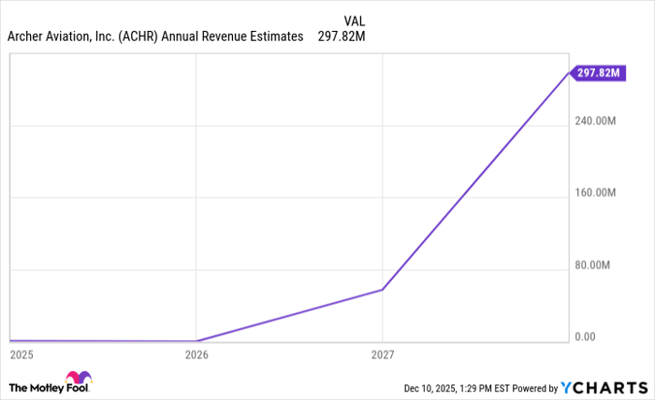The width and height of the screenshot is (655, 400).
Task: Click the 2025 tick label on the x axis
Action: (21, 355)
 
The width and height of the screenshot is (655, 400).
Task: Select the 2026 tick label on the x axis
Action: (196, 355)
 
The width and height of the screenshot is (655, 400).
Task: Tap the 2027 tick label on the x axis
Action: (383, 355)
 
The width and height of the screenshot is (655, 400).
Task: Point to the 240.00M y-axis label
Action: (596, 121)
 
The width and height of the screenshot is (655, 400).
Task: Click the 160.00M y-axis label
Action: (596, 193)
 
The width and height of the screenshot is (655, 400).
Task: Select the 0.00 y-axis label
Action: (585, 336)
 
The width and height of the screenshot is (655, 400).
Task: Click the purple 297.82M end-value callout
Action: (600, 72)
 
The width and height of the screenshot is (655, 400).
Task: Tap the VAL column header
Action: (355, 20)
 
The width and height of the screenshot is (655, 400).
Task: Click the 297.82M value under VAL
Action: (342, 36)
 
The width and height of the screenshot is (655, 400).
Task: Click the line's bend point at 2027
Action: (383, 290)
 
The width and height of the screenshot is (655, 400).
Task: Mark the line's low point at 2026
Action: (196, 341)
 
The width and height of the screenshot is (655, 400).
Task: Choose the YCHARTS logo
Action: (603, 388)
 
